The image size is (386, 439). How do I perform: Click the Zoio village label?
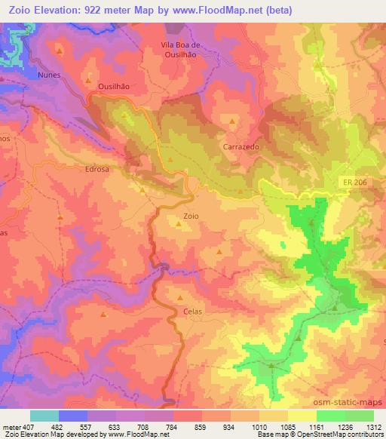[x=191, y=216]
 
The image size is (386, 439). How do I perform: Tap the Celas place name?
[x=192, y=310]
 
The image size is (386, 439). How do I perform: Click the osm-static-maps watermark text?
[x=351, y=403]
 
